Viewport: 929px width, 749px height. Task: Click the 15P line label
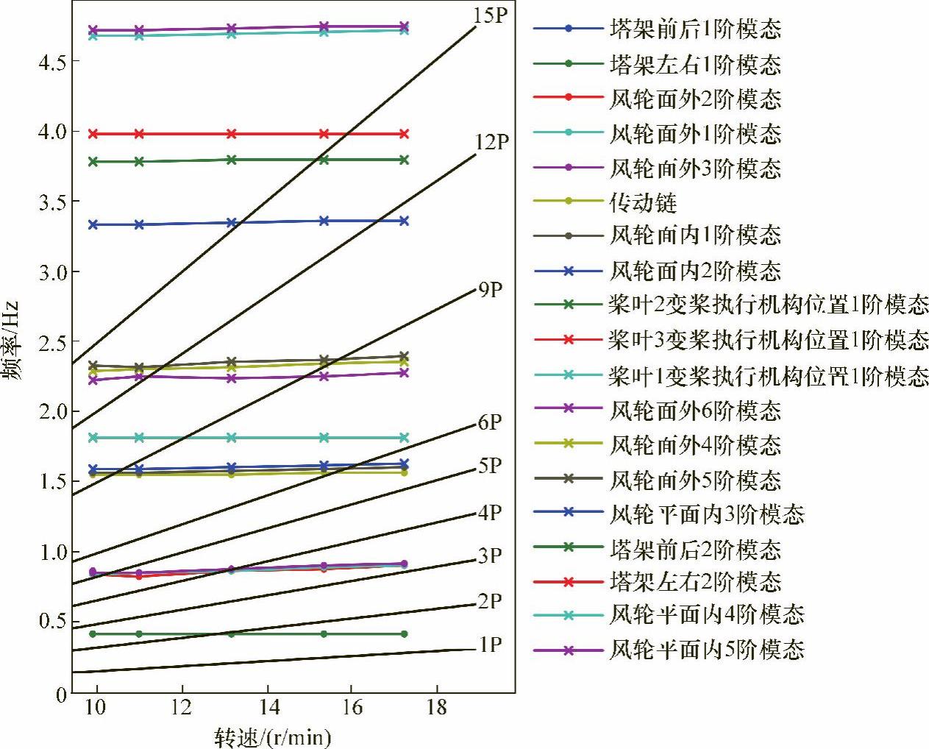tap(490, 15)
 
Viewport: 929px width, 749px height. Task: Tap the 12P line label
tap(491, 141)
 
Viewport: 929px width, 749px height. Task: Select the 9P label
tap(491, 290)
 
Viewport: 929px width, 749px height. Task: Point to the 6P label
tap(490, 422)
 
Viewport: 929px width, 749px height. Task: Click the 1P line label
tap(490, 645)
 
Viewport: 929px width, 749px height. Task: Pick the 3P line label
tap(490, 556)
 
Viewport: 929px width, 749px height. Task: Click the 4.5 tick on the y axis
tap(53, 63)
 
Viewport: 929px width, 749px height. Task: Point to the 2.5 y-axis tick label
tap(53, 343)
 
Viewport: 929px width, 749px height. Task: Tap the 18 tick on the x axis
tap(437, 708)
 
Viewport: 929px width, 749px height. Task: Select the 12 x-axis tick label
tap(182, 708)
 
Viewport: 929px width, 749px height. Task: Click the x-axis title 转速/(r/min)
tap(273, 736)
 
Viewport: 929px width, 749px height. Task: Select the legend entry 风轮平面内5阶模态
tap(707, 650)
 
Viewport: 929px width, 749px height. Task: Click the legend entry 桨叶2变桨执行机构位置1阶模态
tap(768, 304)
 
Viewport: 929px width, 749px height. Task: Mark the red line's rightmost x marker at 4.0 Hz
tap(404, 134)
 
